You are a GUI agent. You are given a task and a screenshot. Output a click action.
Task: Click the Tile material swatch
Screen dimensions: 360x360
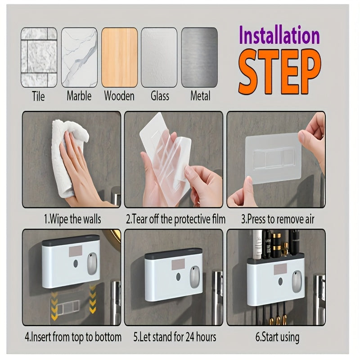click(39, 57)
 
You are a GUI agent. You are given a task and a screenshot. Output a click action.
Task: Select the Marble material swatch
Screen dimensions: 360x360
click(79, 57)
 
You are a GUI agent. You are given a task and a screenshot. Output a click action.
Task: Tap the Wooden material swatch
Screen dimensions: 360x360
click(119, 57)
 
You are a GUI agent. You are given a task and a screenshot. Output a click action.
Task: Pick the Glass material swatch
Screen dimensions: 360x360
click(159, 57)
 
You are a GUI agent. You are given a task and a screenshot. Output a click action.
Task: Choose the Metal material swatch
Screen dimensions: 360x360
click(199, 57)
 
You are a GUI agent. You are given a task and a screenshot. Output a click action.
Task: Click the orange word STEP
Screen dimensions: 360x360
click(279, 72)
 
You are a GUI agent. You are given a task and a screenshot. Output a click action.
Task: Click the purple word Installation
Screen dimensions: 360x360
click(279, 36)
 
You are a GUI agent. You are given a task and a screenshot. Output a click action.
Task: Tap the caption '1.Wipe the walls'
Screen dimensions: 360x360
click(72, 220)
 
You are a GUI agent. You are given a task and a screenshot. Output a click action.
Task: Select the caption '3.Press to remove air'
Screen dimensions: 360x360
click(278, 220)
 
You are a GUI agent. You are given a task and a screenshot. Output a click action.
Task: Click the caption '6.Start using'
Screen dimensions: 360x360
click(277, 337)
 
